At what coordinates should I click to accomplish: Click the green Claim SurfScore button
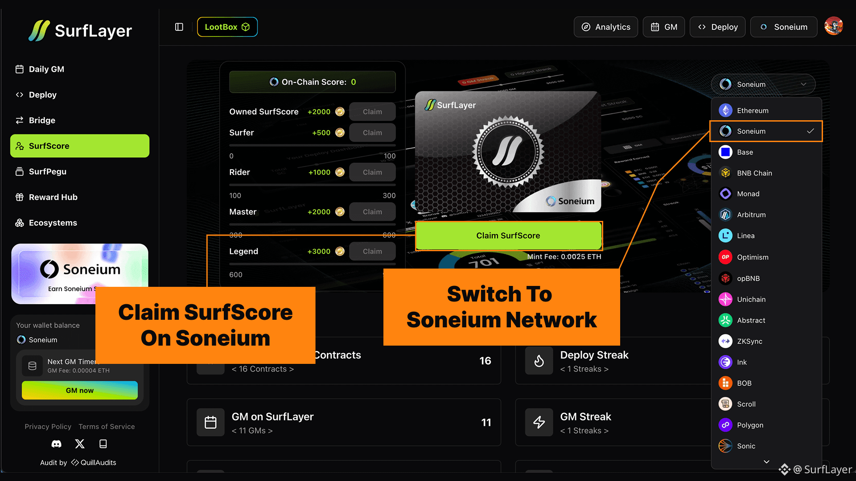(x=508, y=236)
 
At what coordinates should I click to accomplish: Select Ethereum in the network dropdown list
(x=752, y=110)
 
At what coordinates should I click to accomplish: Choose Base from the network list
(x=745, y=152)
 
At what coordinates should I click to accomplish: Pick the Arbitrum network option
(x=751, y=215)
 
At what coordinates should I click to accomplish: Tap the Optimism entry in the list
(x=752, y=257)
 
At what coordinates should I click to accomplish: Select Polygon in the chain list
(x=750, y=425)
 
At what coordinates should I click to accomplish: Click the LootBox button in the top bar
(x=227, y=27)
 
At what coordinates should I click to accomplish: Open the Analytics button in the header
(x=605, y=27)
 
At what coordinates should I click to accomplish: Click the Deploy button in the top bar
(x=717, y=27)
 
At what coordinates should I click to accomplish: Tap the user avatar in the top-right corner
(x=833, y=26)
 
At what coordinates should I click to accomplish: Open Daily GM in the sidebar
(x=46, y=69)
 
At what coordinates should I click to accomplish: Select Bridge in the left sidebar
(x=42, y=120)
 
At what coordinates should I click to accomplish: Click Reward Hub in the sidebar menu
(x=53, y=197)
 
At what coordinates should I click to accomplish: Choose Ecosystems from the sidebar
(x=53, y=223)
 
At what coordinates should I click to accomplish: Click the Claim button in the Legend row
(x=372, y=252)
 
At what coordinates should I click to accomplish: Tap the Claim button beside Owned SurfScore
(x=372, y=112)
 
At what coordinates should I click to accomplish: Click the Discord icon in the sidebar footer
(x=57, y=444)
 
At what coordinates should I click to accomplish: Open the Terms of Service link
(x=107, y=427)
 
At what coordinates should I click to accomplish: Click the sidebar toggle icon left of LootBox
(x=179, y=27)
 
